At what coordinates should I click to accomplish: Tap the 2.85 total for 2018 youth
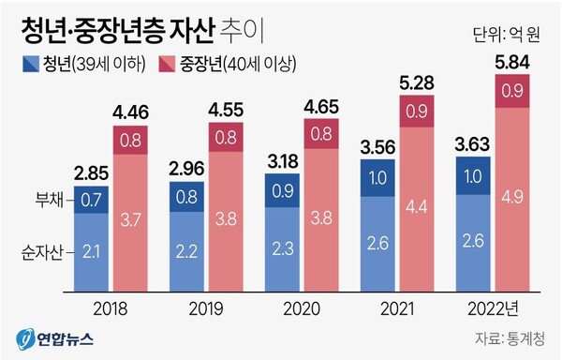point(93,172)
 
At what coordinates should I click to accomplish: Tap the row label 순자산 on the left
point(41,251)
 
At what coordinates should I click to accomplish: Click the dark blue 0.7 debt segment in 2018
point(93,199)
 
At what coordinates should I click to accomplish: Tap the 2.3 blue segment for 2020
point(281,247)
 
